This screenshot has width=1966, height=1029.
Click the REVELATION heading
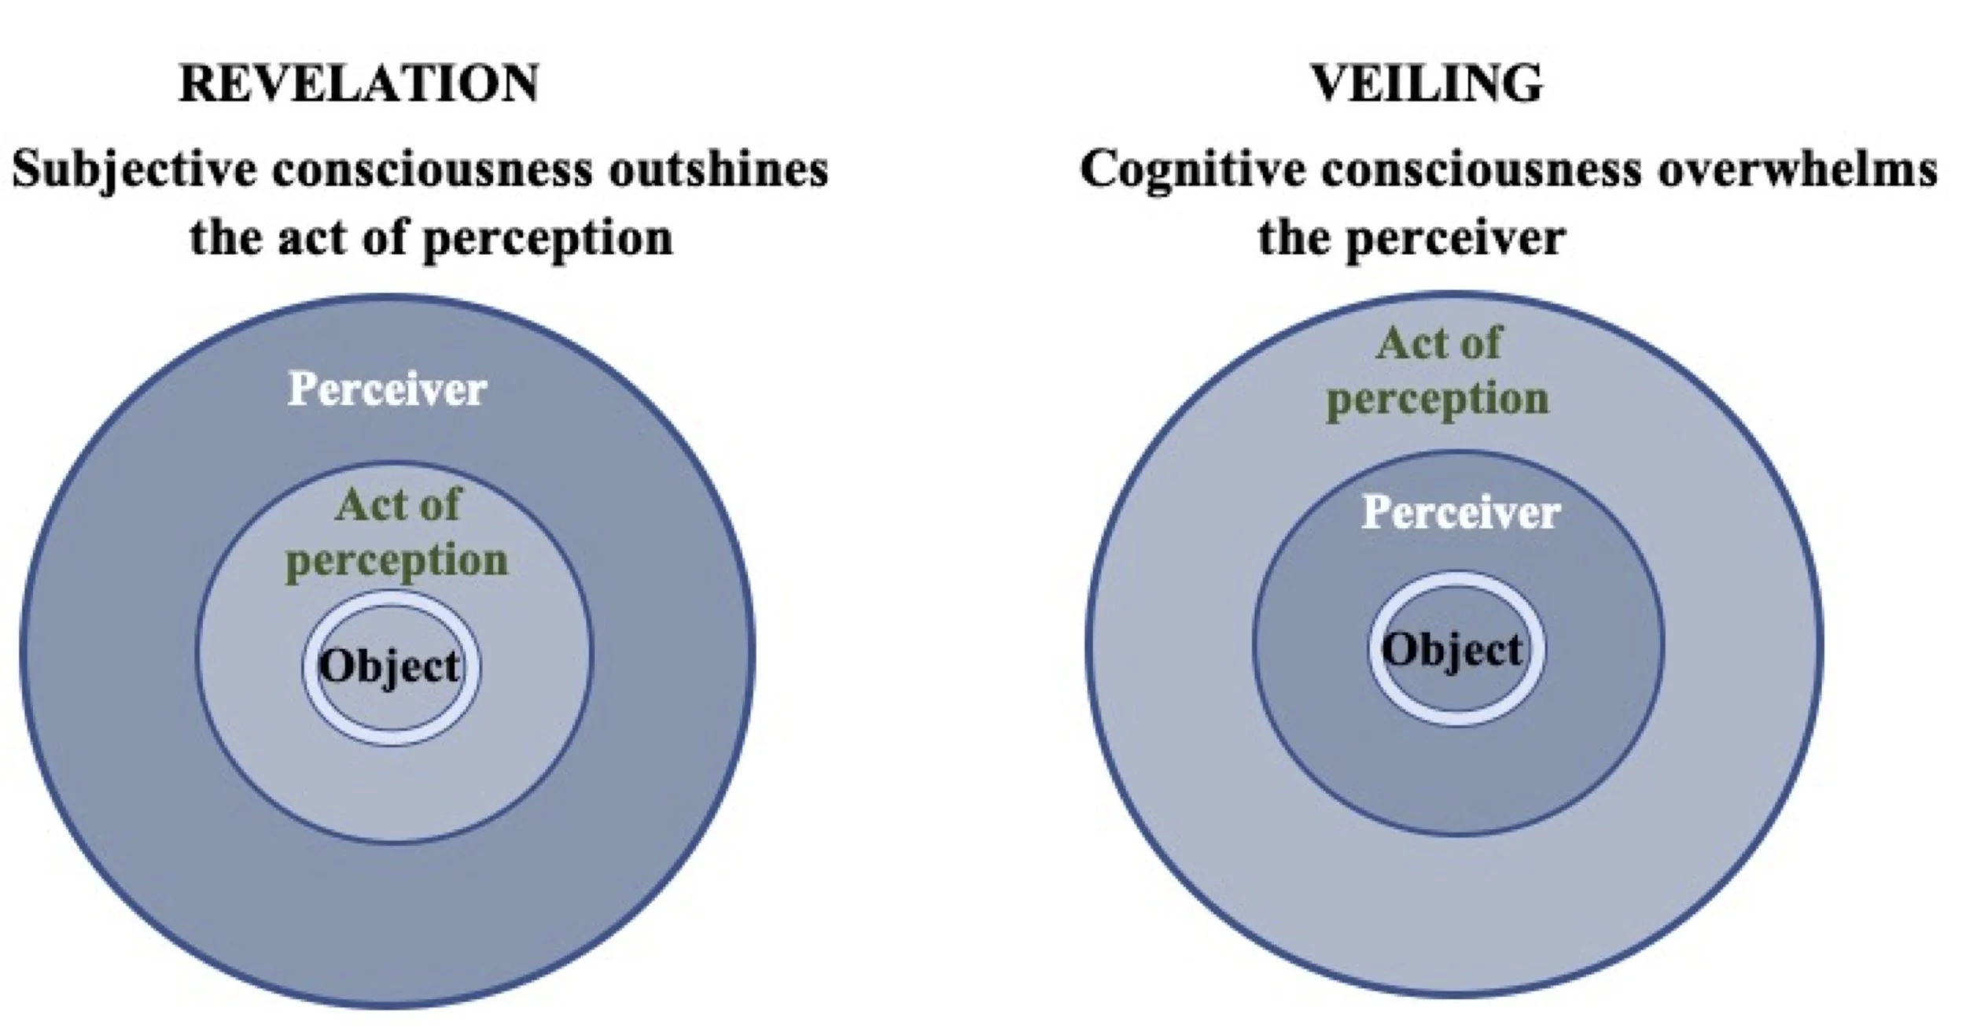(x=359, y=83)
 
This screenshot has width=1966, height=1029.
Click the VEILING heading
(x=1426, y=83)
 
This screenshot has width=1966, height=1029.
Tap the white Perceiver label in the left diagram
(x=387, y=389)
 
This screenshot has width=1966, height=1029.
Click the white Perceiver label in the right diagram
(x=1461, y=512)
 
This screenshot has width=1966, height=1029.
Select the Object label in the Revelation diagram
(x=389, y=667)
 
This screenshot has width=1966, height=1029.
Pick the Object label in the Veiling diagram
(x=1452, y=651)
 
